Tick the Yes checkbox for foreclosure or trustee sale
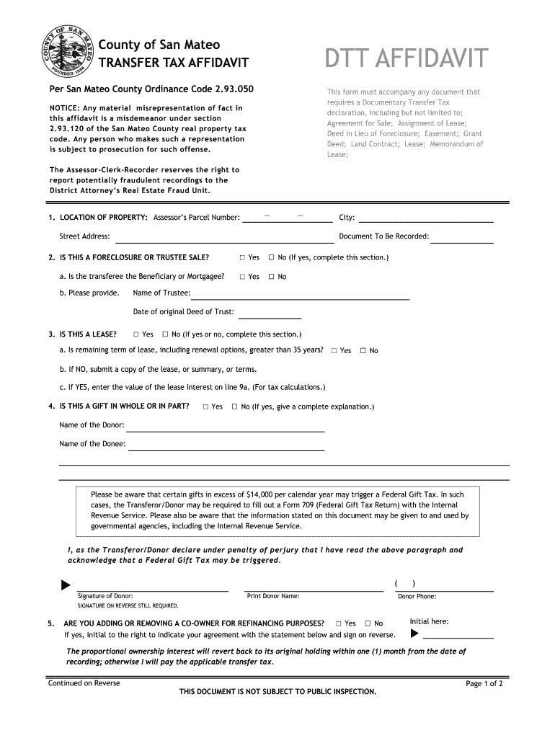pyautogui.click(x=242, y=257)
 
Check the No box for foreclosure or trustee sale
pyautogui.click(x=272, y=257)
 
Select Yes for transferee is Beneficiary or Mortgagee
pyautogui.click(x=242, y=277)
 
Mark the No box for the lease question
pyautogui.click(x=165, y=334)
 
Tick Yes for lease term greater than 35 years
pyautogui.click(x=334, y=351)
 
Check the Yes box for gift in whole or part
pyautogui.click(x=205, y=407)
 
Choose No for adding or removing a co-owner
pyautogui.click(x=368, y=623)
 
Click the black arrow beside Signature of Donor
pyautogui.click(x=66, y=584)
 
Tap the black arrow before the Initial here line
pyautogui.click(x=414, y=634)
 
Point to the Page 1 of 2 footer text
pyautogui.click(x=484, y=684)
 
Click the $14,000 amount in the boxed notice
pyautogui.click(x=258, y=494)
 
